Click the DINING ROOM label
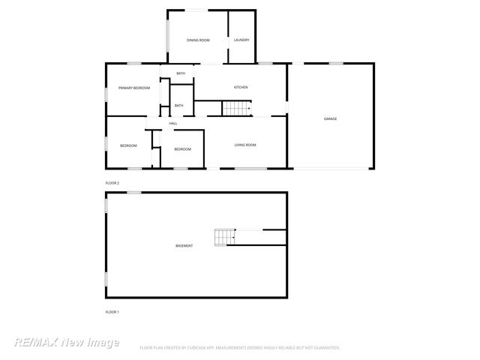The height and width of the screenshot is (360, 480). [198, 40]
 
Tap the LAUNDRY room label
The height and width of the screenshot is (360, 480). [241, 40]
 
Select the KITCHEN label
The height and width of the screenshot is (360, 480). [241, 88]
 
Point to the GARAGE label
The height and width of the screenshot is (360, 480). [330, 118]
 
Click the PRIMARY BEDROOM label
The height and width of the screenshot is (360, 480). [134, 88]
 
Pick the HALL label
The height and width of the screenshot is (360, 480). [173, 123]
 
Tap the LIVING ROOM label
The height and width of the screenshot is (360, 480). [246, 145]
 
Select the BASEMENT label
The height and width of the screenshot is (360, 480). [184, 246]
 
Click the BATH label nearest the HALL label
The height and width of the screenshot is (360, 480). [179, 106]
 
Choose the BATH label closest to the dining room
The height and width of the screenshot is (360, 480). [181, 73]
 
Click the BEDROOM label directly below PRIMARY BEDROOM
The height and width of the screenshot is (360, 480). [128, 145]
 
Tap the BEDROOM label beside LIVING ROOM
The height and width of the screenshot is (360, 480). [182, 149]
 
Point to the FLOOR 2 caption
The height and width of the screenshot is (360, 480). [112, 183]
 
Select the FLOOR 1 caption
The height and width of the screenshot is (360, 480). [112, 311]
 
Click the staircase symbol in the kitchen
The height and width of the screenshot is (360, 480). [235, 109]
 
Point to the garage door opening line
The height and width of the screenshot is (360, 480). [330, 168]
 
